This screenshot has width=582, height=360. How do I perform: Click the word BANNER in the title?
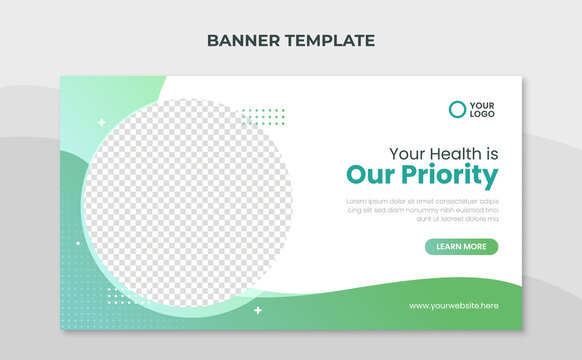pyautogui.click(x=236, y=41)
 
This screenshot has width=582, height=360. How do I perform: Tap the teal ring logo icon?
pyautogui.click(x=457, y=109)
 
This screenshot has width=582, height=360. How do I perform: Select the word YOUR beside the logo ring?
pyautogui.click(x=483, y=104)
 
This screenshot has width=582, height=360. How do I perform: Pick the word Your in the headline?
pyautogui.click(x=406, y=154)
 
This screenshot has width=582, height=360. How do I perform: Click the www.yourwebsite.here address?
pyautogui.click(x=453, y=305)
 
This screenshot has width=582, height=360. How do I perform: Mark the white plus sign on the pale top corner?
pyautogui.click(x=101, y=122)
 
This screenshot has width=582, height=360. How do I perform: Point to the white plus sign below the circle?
pyautogui.click(x=257, y=310)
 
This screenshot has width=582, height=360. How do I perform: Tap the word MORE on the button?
pyautogui.click(x=475, y=246)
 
